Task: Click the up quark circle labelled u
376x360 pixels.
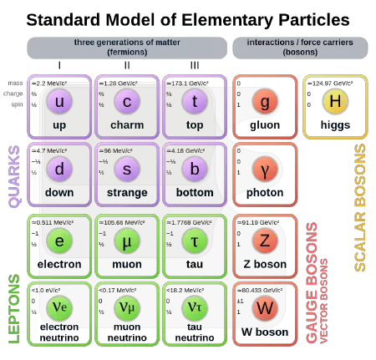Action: coord(59,102)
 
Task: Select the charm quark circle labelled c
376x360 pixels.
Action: coord(127,102)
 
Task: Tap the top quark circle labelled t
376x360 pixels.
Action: coord(195,102)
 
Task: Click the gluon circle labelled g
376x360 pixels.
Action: coord(265,102)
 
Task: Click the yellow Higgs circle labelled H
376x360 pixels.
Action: coord(335,102)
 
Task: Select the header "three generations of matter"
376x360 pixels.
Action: coord(127,42)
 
